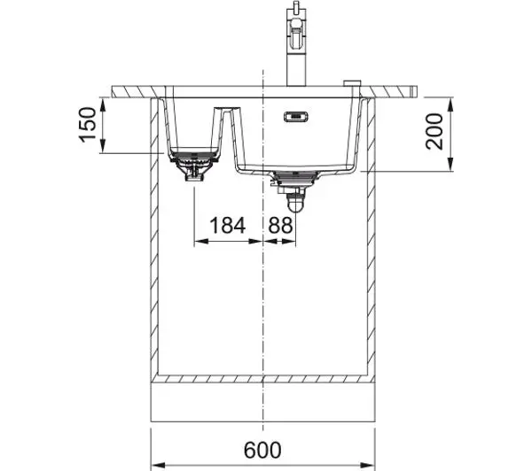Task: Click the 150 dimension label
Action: point(87,125)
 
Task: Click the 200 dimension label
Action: point(434,132)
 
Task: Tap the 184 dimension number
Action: point(227,226)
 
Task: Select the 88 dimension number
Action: point(280,226)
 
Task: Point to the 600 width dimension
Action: point(262,450)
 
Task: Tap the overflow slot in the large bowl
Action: point(296,116)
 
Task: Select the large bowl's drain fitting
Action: point(295,179)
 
